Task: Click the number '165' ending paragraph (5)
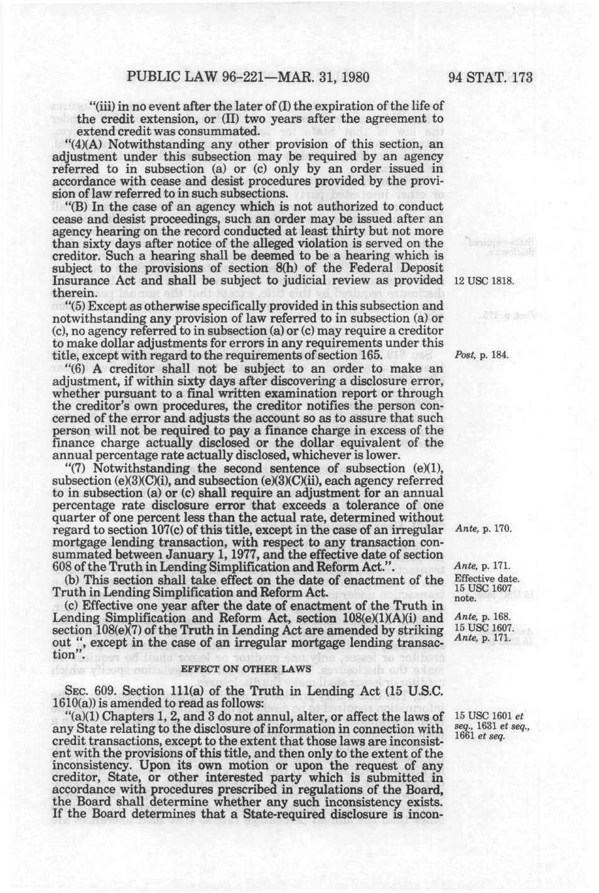pyautogui.click(x=371, y=355)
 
